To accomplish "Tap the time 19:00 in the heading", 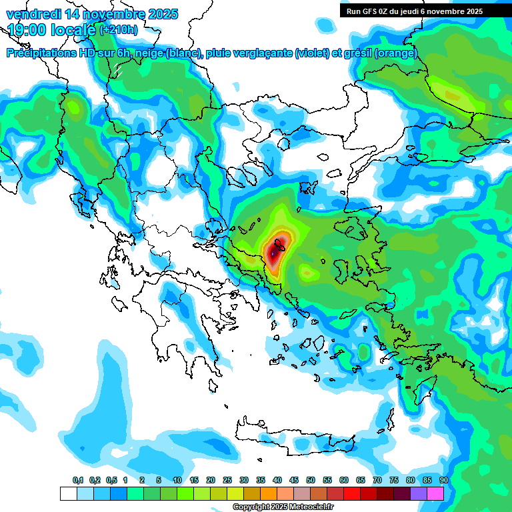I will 28,30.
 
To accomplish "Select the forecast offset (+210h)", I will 119,30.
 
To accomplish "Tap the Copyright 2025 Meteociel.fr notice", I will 283,507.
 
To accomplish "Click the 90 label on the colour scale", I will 444,480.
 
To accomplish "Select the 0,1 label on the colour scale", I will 78,480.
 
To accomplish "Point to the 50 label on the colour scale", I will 311,480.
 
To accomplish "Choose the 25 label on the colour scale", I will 227,480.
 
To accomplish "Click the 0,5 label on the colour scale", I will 111,480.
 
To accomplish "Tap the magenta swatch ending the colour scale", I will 435,493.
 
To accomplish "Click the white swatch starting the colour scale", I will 68,493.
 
